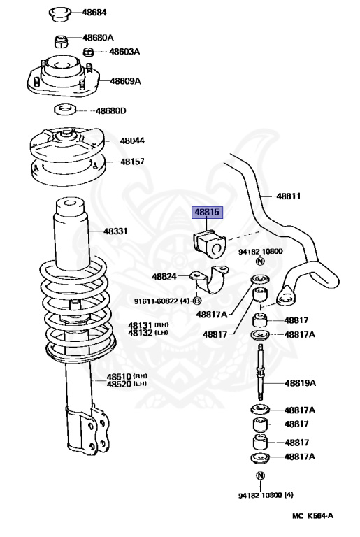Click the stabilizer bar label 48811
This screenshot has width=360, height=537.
click(x=287, y=196)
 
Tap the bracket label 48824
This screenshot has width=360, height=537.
click(x=164, y=277)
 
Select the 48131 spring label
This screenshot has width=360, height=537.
click(x=140, y=325)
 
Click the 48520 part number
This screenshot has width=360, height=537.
click(x=119, y=384)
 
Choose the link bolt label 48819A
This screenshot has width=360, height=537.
click(x=300, y=382)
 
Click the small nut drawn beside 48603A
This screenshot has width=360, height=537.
click(x=89, y=52)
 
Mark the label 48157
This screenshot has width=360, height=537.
click(x=131, y=162)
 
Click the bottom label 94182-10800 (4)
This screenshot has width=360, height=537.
click(x=265, y=495)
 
